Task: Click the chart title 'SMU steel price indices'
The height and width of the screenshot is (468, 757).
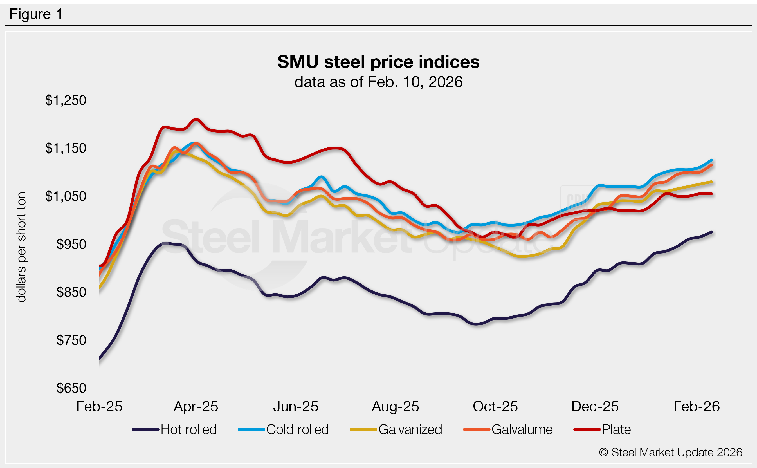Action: [x=378, y=62]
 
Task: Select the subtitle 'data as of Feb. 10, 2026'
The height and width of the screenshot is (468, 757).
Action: [x=378, y=82]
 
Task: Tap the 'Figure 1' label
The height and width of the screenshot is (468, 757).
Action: [x=36, y=14]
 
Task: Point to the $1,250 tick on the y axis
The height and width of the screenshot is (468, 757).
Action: [x=66, y=100]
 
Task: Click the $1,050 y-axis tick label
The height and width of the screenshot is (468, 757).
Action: [x=66, y=196]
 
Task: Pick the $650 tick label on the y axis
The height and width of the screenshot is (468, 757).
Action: [x=71, y=388]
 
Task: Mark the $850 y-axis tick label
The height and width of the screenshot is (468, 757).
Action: [x=71, y=292]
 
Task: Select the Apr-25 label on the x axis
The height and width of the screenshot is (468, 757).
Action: [x=196, y=406]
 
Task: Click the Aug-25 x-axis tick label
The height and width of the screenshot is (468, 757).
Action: [x=395, y=406]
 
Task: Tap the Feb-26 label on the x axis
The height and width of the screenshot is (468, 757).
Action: [x=696, y=406]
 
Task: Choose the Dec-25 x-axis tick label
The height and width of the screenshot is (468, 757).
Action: [x=595, y=406]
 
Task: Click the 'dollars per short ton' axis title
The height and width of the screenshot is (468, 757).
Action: [x=21, y=247]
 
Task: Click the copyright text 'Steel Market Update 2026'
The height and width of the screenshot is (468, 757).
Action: [x=670, y=453]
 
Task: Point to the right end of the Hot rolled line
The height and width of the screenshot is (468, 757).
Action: [x=712, y=232]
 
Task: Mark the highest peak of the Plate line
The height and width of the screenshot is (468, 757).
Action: [x=196, y=120]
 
